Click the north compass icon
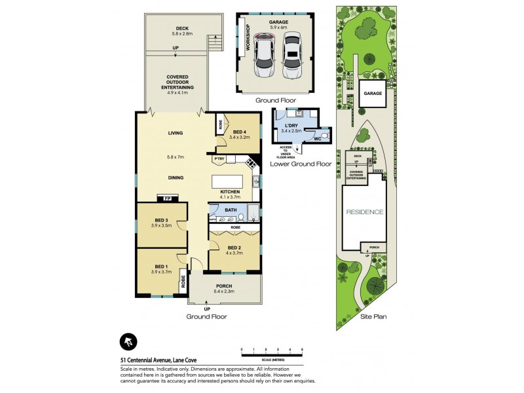point(128,341)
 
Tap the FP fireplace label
point(160,198)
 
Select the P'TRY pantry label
point(219,159)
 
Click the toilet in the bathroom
point(242,217)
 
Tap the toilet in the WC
point(327,137)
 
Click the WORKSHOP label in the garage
point(248,38)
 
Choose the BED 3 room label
point(162,220)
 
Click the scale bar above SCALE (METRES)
point(272,354)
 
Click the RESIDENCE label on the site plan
point(365,212)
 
